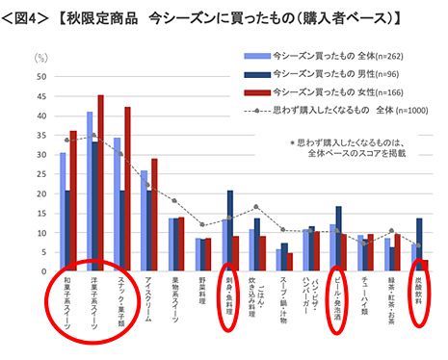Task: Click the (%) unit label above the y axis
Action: [x=40, y=57]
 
